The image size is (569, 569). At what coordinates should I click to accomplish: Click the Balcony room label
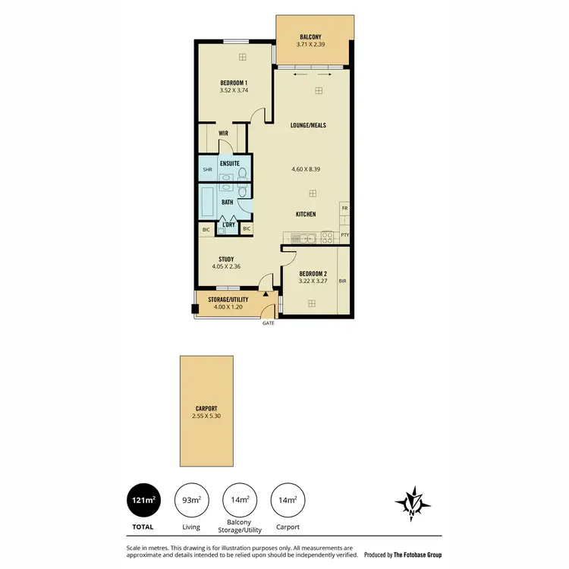pos(310,36)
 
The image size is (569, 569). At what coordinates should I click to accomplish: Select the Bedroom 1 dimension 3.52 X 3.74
pos(234,90)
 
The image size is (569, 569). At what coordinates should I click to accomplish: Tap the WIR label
pos(224,133)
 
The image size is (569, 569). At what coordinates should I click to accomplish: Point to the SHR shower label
pos(207,170)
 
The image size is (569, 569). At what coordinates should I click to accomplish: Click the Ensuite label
pos(230,163)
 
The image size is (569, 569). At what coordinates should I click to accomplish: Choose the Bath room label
pos(227,203)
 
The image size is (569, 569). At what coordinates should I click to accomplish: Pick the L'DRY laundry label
pos(228,225)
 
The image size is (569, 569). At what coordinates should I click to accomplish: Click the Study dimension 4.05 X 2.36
pos(226,266)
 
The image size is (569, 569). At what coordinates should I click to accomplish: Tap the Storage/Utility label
pos(228,300)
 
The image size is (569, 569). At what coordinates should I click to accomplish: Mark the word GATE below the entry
pos(268,323)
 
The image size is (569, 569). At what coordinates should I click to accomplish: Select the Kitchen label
pos(306,215)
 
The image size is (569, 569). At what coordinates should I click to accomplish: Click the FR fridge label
pos(344,208)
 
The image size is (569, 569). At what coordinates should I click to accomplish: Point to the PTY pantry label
pos(344,235)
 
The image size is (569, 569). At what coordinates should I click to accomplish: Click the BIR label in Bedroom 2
pos(342,281)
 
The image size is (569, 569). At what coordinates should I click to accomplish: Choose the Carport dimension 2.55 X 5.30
pos(206,416)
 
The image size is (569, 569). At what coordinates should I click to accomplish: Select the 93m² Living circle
pos(190,501)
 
